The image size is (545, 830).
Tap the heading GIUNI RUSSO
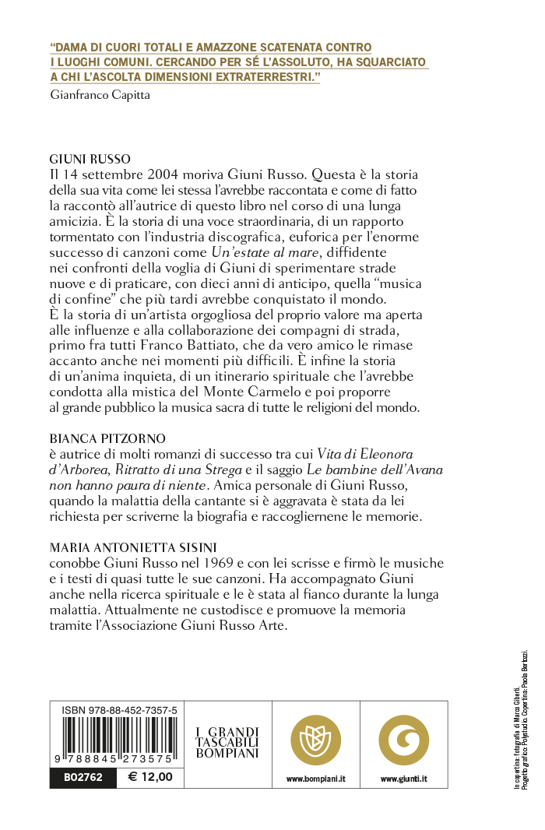pos(90,157)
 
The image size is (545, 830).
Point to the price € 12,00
pos(149,776)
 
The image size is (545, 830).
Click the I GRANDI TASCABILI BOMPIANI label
pos(227,743)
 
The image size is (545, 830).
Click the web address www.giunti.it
pos(403,778)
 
